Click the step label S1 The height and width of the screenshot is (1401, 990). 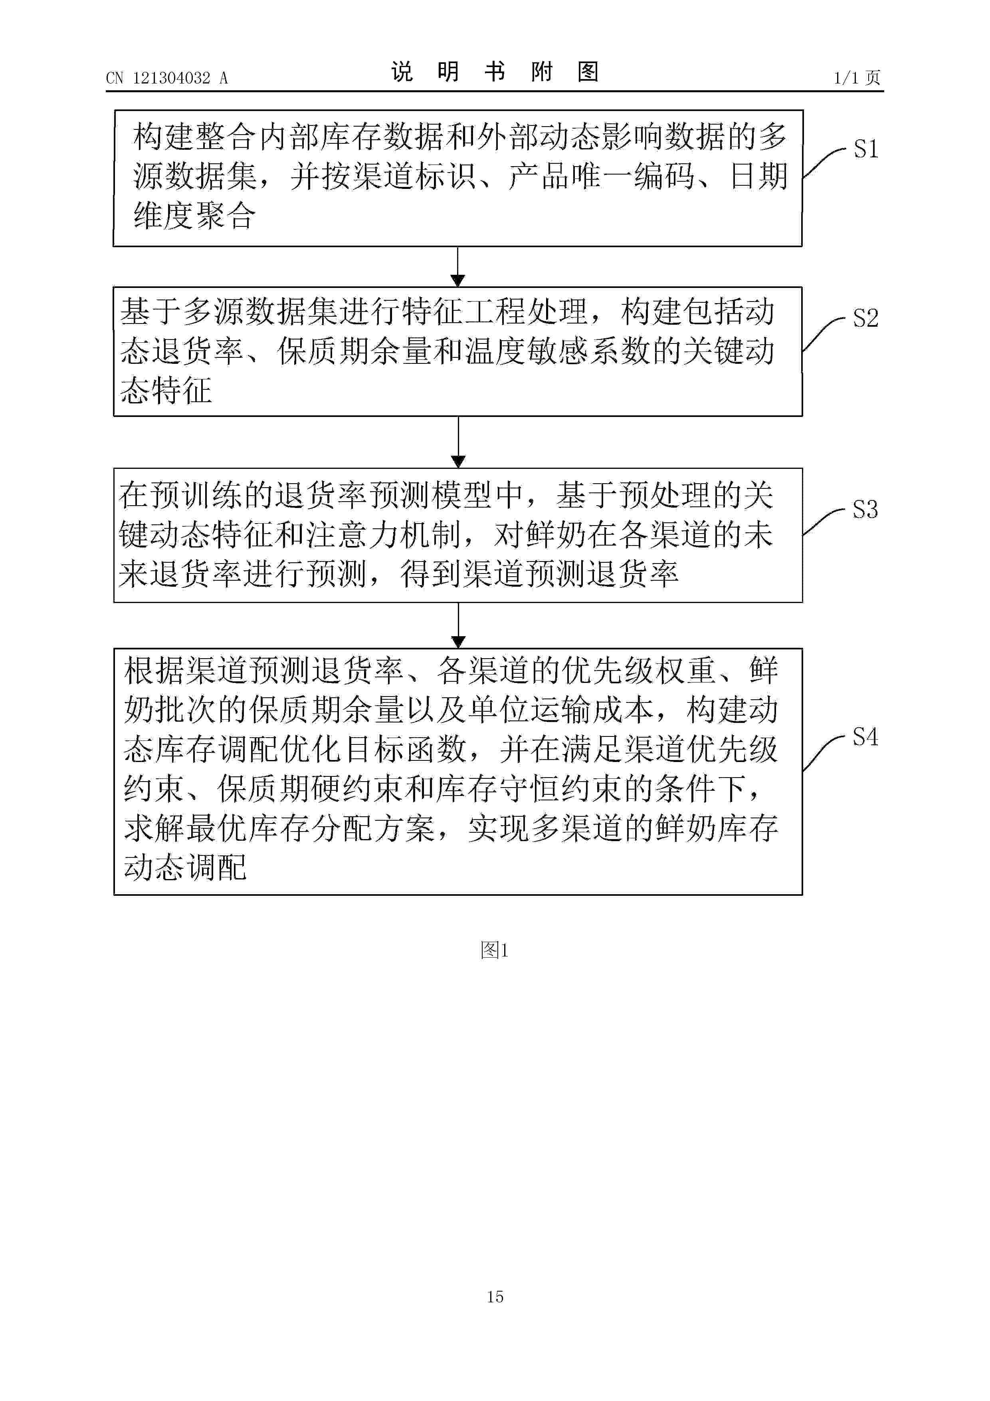(x=865, y=149)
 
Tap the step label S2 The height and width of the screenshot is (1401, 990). (x=865, y=319)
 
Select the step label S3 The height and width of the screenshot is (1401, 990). (x=865, y=510)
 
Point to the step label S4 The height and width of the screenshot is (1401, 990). (x=865, y=737)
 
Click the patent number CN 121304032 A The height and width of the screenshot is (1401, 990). (x=166, y=78)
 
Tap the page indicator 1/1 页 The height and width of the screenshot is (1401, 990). (x=856, y=78)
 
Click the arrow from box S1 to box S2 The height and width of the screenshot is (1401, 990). (x=457, y=267)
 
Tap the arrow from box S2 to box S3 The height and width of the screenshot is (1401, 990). (x=458, y=442)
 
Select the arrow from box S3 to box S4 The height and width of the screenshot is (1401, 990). (x=458, y=625)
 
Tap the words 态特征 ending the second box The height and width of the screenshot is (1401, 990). (x=166, y=391)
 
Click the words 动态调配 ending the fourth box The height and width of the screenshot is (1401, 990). (x=186, y=867)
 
